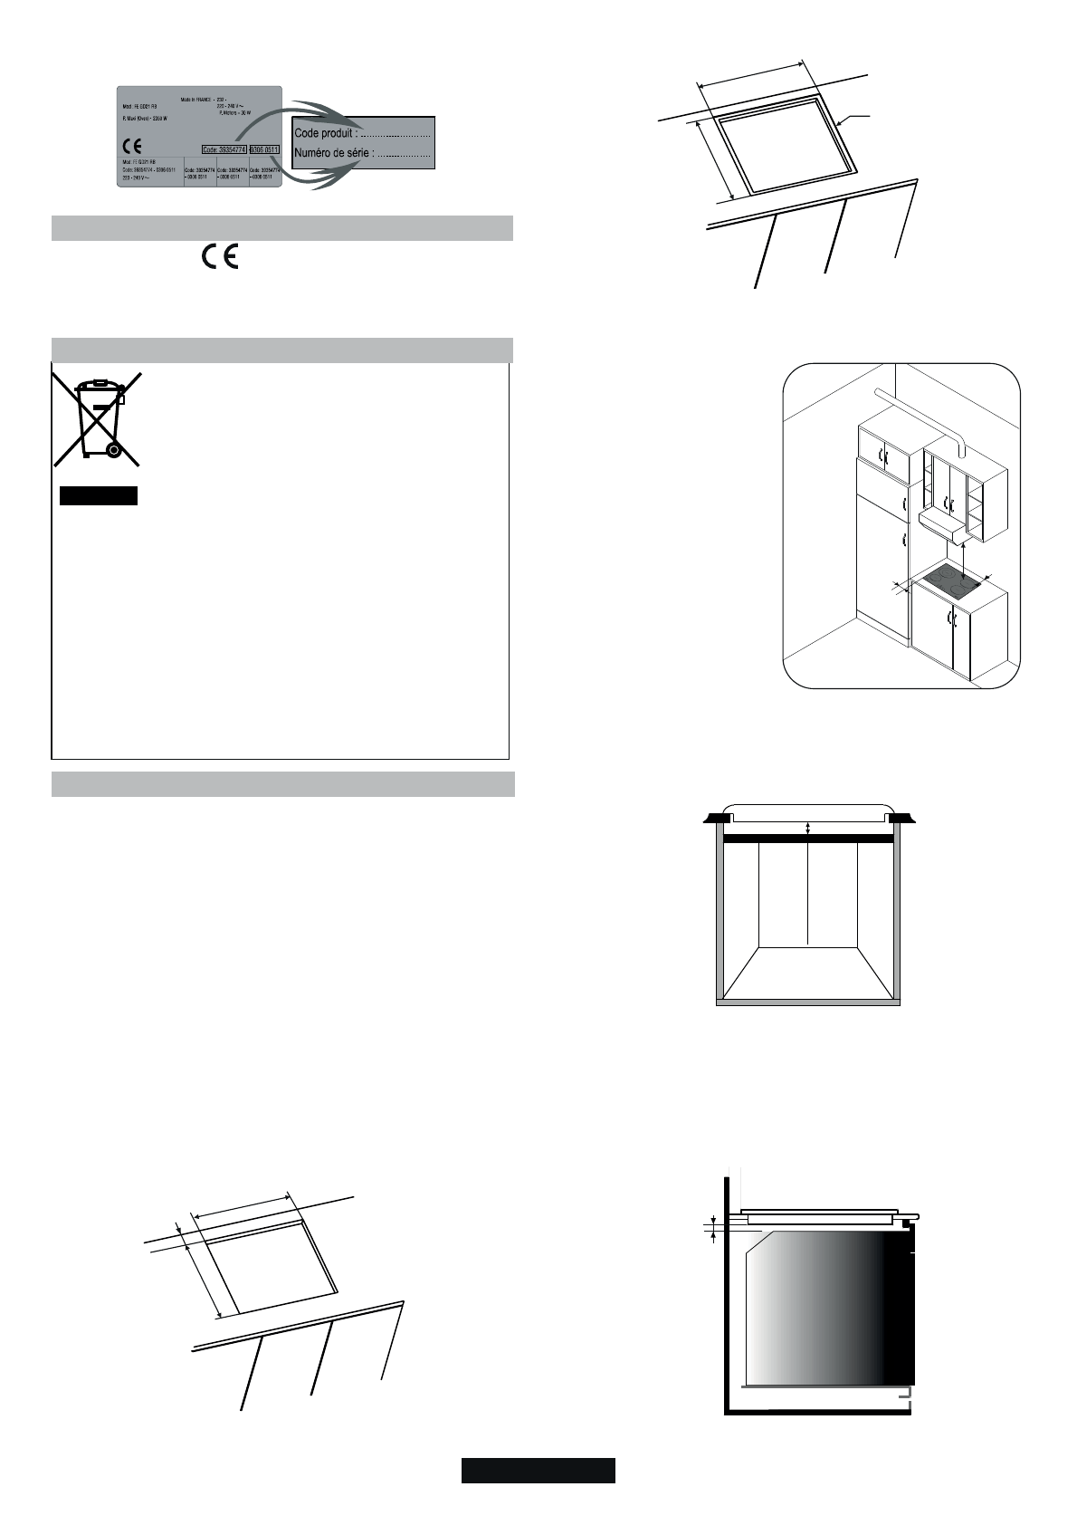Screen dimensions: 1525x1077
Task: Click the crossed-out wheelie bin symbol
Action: point(98,417)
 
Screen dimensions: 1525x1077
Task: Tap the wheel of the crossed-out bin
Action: point(113,448)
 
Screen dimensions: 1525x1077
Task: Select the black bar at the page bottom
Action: point(538,1470)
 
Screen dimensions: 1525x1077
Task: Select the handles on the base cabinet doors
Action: point(950,619)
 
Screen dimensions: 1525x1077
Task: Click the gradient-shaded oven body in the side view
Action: point(824,1304)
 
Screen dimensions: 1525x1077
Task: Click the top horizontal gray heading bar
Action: point(281,227)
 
